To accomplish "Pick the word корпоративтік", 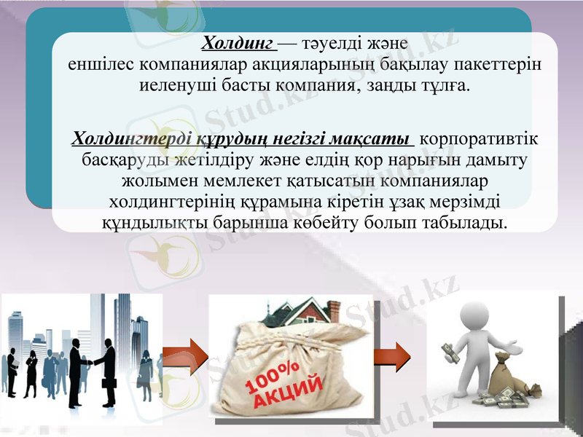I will click(x=480, y=138).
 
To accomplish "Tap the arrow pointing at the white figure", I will click(x=389, y=356).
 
